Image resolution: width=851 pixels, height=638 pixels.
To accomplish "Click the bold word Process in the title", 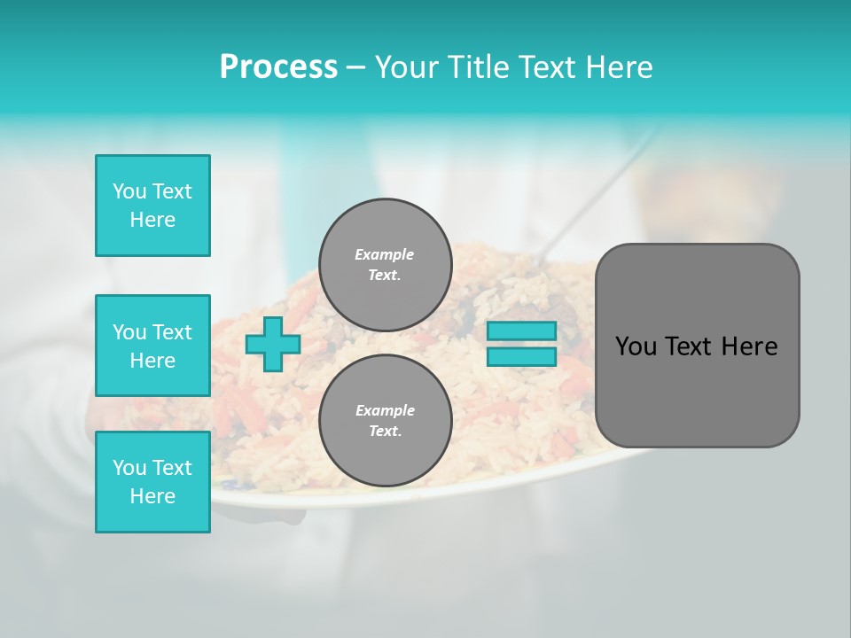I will click(278, 67).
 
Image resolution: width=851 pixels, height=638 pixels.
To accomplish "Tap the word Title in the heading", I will click(483, 67).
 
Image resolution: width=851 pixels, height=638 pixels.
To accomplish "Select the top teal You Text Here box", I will click(152, 206).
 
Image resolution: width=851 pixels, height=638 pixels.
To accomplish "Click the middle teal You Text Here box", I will click(152, 346).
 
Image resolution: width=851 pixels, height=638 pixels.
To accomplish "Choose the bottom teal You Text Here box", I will click(152, 482).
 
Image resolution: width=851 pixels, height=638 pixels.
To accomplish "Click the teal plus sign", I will click(273, 345).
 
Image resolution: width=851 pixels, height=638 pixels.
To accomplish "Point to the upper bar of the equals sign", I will click(521, 331).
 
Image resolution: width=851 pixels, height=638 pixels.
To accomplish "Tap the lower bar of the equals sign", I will click(521, 357).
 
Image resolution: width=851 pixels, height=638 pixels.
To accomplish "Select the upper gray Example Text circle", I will click(385, 264).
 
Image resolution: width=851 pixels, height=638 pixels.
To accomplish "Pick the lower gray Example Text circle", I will click(385, 420).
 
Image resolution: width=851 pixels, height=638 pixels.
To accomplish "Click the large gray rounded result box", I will click(697, 346).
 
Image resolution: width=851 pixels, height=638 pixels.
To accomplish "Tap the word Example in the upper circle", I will click(385, 254).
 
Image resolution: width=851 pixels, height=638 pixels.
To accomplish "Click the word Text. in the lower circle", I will click(385, 431).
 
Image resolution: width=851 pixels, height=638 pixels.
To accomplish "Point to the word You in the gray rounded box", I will click(635, 346).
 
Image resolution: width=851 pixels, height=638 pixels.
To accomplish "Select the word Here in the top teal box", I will click(152, 220).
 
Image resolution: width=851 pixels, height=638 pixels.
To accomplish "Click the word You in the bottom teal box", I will click(129, 468).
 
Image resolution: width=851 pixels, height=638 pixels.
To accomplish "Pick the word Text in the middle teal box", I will click(170, 332).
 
